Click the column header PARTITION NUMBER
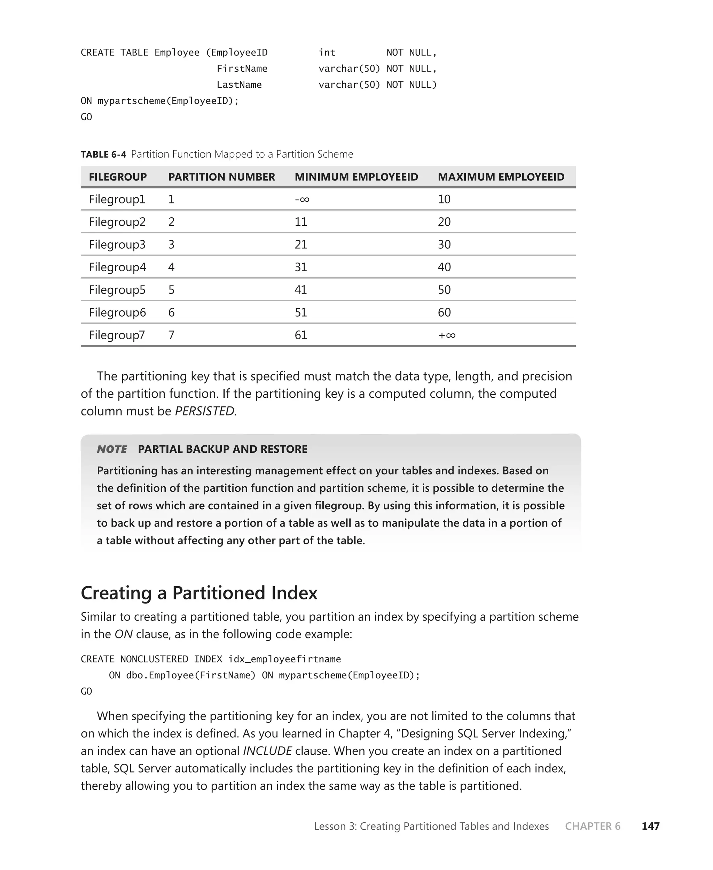[221, 177]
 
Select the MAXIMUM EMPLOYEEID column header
[501, 177]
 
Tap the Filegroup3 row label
[117, 244]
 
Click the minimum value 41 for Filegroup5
[301, 290]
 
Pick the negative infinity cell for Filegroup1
[302, 200]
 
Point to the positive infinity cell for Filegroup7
[447, 335]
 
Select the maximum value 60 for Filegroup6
[444, 313]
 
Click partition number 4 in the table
[171, 267]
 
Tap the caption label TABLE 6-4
[103, 154]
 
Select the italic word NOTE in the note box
[112, 449]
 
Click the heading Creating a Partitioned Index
[199, 593]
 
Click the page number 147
[650, 826]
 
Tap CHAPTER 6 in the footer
[592, 826]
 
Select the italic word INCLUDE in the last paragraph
[267, 751]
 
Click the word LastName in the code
[239, 85]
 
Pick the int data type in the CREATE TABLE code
[327, 53]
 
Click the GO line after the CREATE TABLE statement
[86, 117]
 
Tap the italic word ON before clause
[123, 634]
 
